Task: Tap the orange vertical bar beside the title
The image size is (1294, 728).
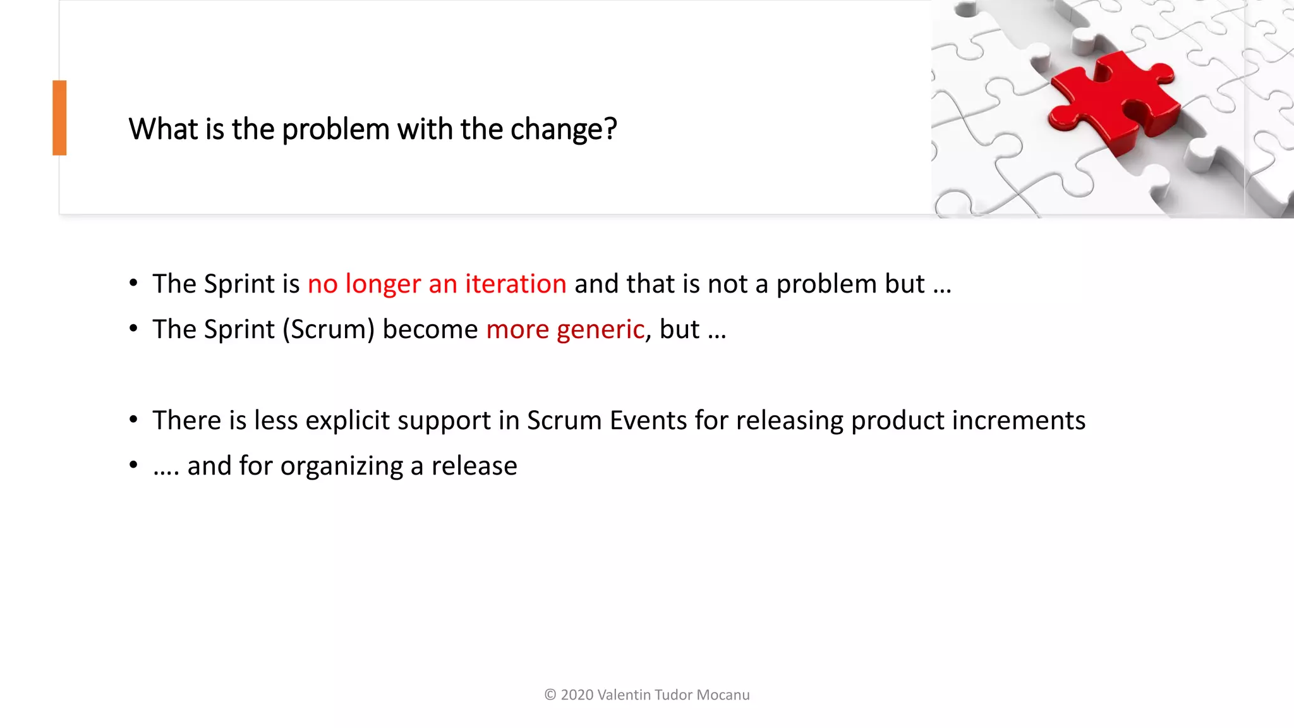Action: click(x=59, y=118)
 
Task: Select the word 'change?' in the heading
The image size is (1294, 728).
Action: click(x=563, y=130)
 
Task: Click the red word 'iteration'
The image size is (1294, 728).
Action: click(x=516, y=284)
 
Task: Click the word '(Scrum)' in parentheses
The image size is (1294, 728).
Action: click(x=329, y=330)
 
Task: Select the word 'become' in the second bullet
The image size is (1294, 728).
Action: click(x=430, y=329)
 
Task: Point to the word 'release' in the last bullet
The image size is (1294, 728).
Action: click(x=474, y=466)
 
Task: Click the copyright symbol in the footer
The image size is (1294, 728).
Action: click(x=550, y=695)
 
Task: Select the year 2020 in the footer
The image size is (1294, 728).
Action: click(x=577, y=695)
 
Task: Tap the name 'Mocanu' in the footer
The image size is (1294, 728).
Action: click(x=723, y=695)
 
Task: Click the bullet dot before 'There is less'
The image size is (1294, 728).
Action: click(x=133, y=420)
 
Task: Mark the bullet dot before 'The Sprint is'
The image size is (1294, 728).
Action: click(x=133, y=283)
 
